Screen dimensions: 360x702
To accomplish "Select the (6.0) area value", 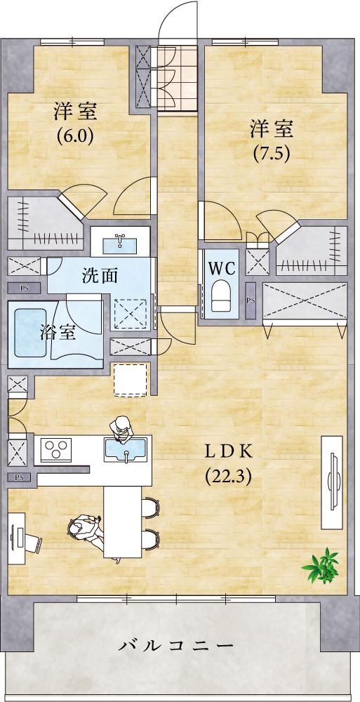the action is click(75, 136).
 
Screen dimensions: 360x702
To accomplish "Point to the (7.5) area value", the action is click(272, 154).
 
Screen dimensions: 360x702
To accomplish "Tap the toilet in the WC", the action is click(220, 296).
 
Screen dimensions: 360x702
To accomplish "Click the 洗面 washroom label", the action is click(100, 276).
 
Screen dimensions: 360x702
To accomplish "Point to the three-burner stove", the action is click(56, 450).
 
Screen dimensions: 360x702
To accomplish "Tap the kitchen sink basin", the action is click(126, 449).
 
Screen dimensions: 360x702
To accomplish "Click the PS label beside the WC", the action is click(251, 300).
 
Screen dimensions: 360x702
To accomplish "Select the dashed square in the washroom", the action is click(131, 312).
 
